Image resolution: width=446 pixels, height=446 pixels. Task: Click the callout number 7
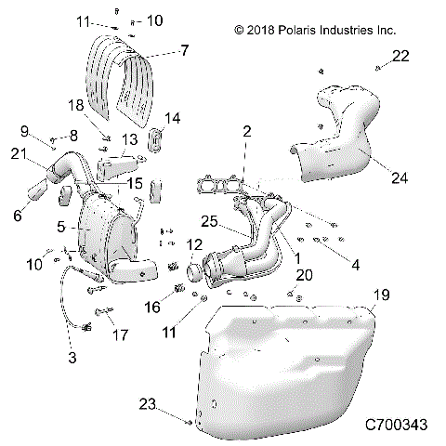coord(184,49)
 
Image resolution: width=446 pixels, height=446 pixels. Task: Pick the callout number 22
coord(400,57)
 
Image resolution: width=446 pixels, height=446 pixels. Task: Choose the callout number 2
coord(246,132)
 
